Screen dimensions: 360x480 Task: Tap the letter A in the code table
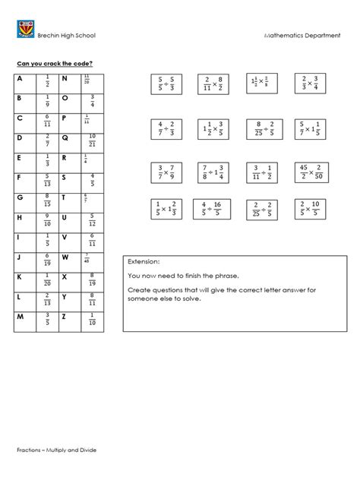point(18,79)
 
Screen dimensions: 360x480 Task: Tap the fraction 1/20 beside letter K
point(48,276)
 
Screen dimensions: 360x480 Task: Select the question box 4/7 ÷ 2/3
point(166,128)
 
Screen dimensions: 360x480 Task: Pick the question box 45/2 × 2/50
point(308,174)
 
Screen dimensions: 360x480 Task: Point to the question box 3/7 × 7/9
point(166,174)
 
